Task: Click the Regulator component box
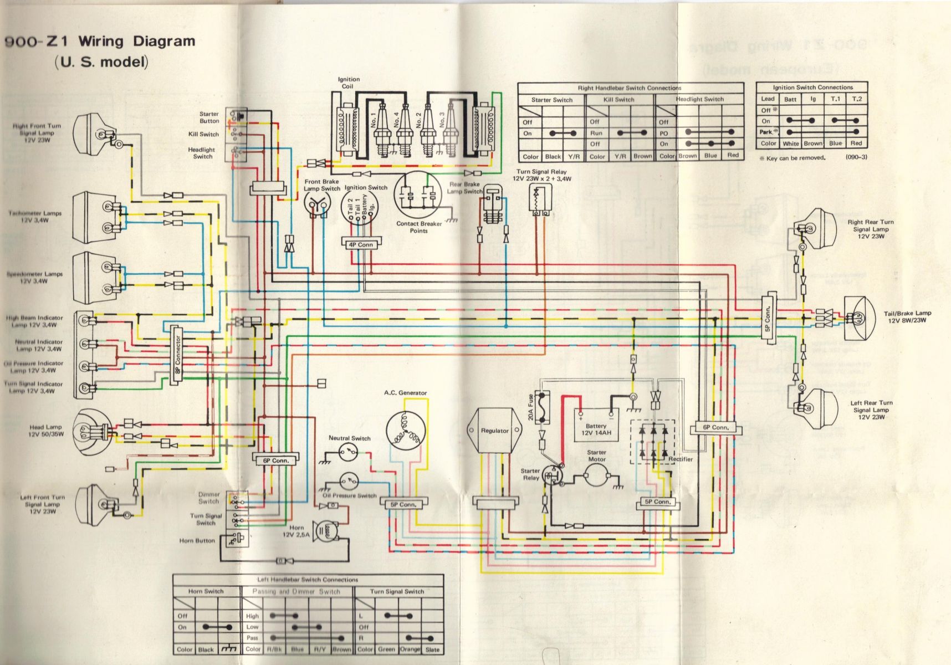(x=494, y=431)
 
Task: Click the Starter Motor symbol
(x=597, y=474)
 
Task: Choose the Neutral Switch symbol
(x=349, y=453)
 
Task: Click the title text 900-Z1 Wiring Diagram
(x=100, y=42)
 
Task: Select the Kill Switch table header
(x=618, y=100)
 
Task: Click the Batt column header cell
(x=790, y=99)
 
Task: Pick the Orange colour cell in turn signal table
(x=410, y=649)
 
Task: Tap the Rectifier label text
(x=680, y=459)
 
